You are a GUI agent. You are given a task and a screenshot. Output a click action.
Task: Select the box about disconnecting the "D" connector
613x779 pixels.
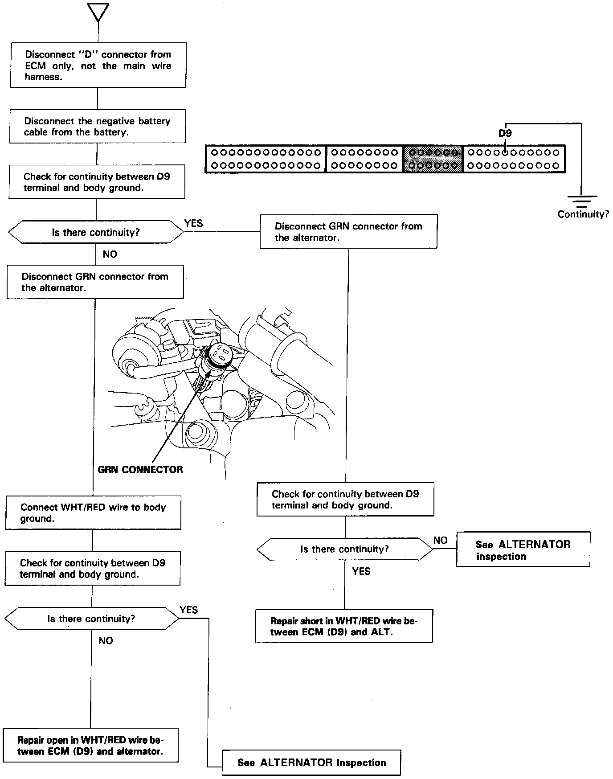click(x=98, y=65)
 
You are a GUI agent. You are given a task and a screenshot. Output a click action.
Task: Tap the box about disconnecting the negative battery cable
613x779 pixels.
click(x=97, y=126)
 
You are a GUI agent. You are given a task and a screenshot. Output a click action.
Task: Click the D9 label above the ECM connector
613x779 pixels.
click(x=505, y=133)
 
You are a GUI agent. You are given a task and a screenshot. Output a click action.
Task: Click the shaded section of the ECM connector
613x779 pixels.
click(x=433, y=159)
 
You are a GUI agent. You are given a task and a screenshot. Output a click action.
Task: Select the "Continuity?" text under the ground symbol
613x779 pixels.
click(x=583, y=214)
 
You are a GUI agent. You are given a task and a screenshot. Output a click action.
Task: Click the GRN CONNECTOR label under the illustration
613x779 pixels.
click(x=140, y=469)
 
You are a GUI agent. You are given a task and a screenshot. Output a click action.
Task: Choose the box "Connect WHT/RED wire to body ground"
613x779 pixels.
click(x=93, y=512)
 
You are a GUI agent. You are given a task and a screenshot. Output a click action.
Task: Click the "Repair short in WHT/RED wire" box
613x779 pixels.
click(x=344, y=626)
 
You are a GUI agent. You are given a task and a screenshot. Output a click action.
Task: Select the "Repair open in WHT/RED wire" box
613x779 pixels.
click(x=90, y=746)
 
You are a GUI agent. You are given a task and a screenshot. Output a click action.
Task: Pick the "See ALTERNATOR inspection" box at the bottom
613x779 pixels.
click(x=311, y=763)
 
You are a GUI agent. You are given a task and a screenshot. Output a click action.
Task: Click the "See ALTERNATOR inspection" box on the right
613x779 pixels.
click(x=523, y=549)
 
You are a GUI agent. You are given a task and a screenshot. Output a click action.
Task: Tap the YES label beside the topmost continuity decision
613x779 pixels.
click(x=193, y=223)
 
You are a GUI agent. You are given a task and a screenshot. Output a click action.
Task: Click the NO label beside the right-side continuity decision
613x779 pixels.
click(x=440, y=540)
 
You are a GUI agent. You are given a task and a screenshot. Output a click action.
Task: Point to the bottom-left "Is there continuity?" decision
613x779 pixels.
click(x=91, y=619)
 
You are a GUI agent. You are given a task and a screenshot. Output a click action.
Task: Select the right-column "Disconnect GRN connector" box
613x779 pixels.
click(x=348, y=232)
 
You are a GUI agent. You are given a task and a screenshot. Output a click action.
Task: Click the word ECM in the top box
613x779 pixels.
click(x=35, y=66)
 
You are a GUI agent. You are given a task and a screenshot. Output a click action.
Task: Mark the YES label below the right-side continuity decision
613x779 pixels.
click(x=361, y=571)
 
